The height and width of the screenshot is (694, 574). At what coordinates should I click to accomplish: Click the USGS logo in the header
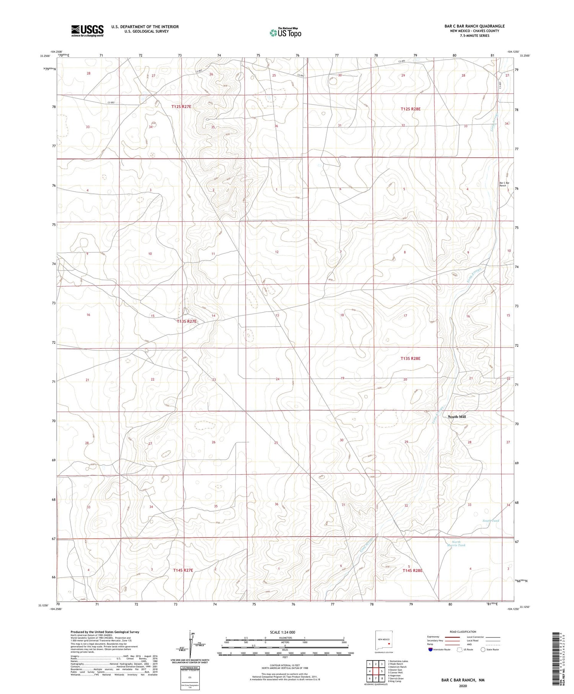tap(87, 31)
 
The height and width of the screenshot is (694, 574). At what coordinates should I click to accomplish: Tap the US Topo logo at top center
tap(285, 33)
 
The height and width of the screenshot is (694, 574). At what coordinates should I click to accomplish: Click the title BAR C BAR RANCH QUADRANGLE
tap(474, 26)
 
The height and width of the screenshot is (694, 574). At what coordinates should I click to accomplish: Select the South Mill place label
tap(457, 416)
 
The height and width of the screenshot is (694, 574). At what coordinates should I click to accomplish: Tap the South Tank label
tap(491, 521)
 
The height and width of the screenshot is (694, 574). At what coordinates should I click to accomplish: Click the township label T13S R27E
tap(187, 322)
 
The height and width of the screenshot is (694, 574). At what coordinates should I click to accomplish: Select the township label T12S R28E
tap(411, 109)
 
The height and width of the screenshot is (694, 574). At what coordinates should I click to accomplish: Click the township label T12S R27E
tap(181, 107)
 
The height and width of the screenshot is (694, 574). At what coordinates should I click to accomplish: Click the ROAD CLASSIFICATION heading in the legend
tap(463, 632)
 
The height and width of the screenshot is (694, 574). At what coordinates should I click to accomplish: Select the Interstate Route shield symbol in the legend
tap(430, 650)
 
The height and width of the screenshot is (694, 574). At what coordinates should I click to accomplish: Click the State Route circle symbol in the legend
tap(483, 650)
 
